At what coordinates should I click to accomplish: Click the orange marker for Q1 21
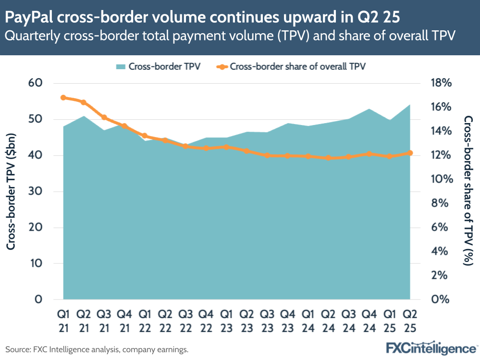point(63,98)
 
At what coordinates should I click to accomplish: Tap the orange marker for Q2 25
point(410,153)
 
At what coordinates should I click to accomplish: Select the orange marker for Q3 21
point(104,117)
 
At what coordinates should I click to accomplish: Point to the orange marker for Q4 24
point(369,154)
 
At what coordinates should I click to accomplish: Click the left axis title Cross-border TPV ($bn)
point(11,191)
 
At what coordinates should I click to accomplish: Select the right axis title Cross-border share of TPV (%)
point(468,191)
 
